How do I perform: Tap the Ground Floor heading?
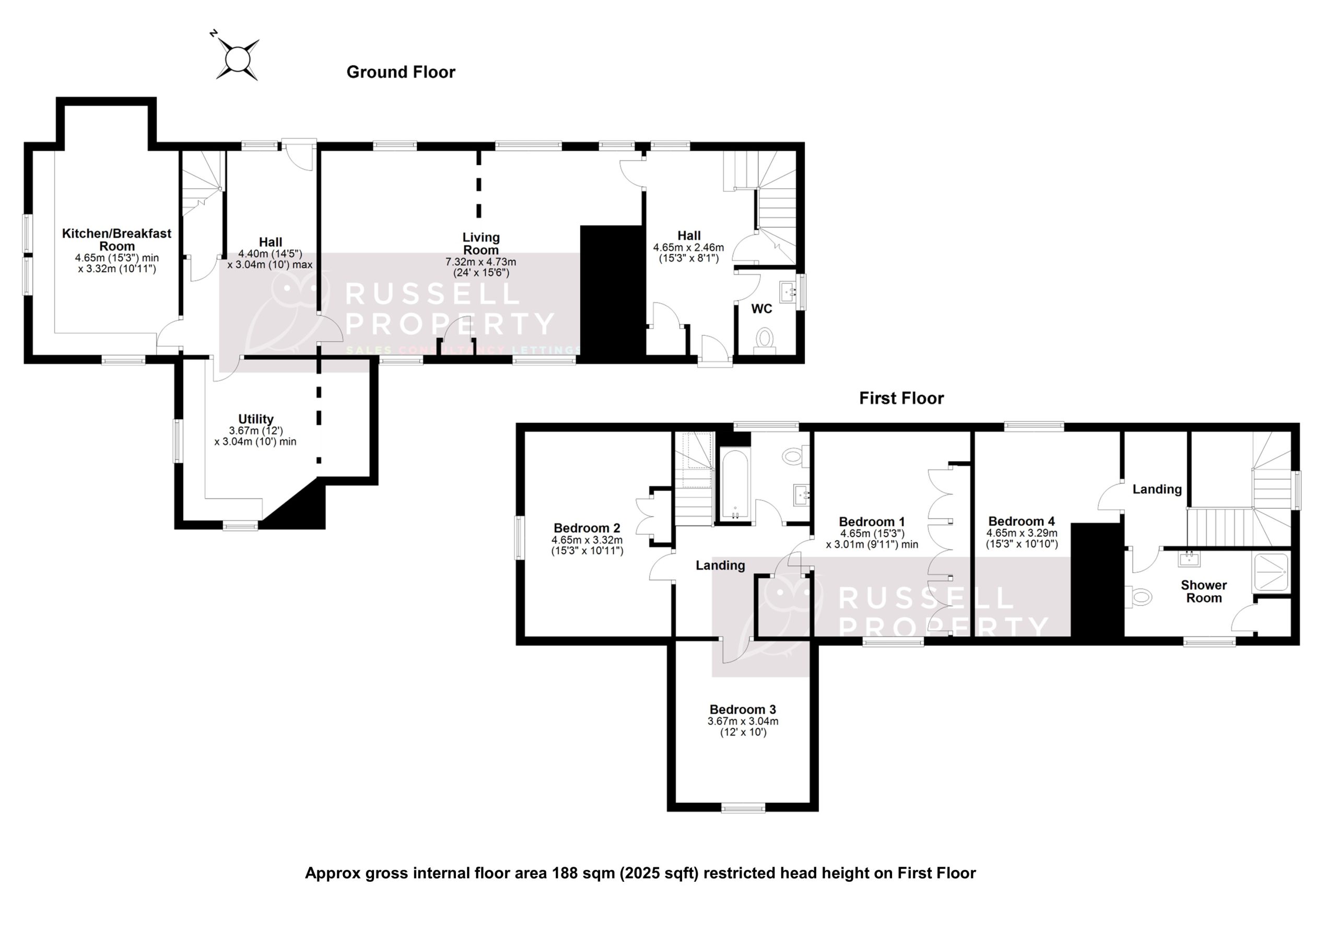pyautogui.click(x=401, y=72)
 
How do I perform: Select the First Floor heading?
pyautogui.click(x=901, y=398)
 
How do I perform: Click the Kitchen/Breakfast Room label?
pyautogui.click(x=116, y=239)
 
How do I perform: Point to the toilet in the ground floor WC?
pyautogui.click(x=765, y=338)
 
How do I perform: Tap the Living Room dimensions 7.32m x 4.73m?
pyautogui.click(x=480, y=262)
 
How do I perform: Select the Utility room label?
pyautogui.click(x=255, y=419)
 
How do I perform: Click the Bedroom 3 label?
pyautogui.click(x=743, y=710)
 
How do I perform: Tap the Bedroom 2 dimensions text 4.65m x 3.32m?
pyautogui.click(x=587, y=540)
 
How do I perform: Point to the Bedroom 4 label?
pyautogui.click(x=1022, y=522)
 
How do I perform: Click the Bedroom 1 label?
pyautogui.click(x=872, y=522)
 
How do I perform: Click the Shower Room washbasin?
pyautogui.click(x=1189, y=560)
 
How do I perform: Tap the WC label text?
pyautogui.click(x=761, y=309)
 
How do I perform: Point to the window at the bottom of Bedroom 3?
pyautogui.click(x=743, y=808)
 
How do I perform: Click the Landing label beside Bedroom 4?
pyautogui.click(x=1156, y=490)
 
